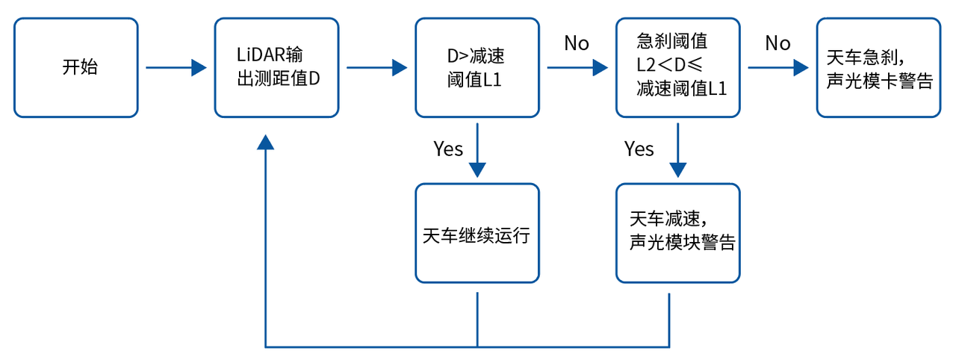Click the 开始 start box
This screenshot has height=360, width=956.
coord(76,68)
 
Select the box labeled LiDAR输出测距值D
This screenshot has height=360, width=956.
coord(276,68)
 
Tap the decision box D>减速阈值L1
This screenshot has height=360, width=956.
coord(477,68)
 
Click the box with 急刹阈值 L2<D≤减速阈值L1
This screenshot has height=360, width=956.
coord(677,68)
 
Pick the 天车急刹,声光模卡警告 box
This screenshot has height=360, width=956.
coord(878,68)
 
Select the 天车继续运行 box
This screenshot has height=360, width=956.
coord(477,233)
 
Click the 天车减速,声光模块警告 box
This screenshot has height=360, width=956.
coord(677,233)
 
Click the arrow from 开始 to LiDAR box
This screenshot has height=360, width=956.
coord(176,68)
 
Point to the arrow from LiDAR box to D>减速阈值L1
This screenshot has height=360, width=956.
coord(376,68)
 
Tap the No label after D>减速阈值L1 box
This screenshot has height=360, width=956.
coord(577,43)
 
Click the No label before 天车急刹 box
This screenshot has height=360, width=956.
coord(777,43)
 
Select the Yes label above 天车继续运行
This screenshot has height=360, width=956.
coord(448,149)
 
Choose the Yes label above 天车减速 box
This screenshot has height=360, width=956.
coord(639,149)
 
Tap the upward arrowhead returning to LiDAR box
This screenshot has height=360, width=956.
coord(266,143)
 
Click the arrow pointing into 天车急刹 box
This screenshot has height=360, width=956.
coord(778,68)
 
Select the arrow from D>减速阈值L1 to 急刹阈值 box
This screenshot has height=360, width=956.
coord(577,68)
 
